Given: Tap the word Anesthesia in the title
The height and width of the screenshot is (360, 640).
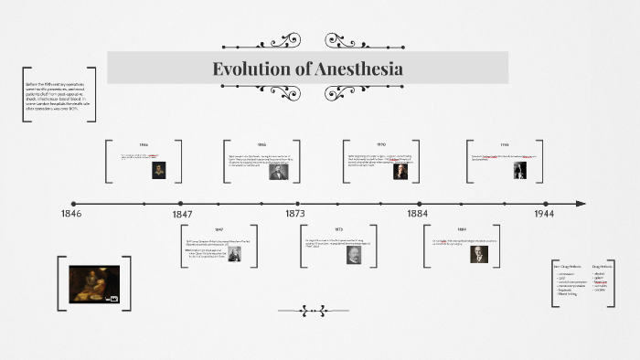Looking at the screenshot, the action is (359, 69).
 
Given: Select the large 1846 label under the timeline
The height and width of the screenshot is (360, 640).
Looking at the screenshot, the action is (71, 213).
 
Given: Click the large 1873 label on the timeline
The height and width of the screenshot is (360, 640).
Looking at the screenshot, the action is (294, 213).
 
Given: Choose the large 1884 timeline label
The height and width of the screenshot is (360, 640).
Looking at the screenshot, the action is (417, 213).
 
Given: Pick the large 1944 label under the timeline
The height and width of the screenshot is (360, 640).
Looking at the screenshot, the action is (544, 213).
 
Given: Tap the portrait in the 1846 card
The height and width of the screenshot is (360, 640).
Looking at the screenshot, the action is (160, 170).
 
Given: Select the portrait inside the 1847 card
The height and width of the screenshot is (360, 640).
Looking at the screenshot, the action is (235, 254).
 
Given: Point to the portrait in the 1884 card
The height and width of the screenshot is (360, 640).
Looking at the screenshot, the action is (479, 254).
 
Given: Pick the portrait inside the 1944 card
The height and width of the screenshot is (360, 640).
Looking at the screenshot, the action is (519, 170).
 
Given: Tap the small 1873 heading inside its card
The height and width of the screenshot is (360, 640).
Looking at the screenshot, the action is (338, 229).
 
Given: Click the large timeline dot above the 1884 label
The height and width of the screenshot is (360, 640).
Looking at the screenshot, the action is (419, 203).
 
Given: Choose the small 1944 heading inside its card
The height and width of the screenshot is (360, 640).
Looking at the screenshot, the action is (505, 144).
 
